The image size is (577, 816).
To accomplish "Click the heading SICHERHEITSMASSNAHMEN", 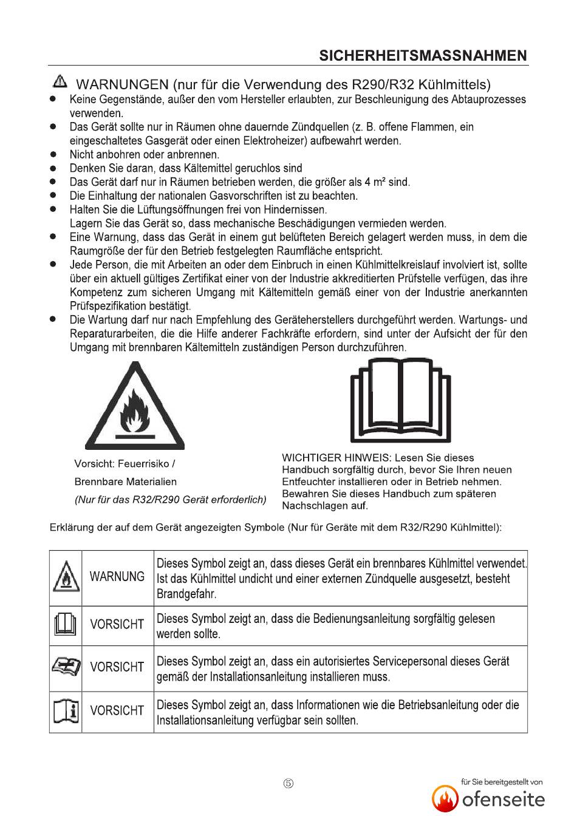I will coord(423,56).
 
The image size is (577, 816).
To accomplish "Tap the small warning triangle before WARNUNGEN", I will coord(60,81).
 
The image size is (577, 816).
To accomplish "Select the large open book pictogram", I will coord(401,401).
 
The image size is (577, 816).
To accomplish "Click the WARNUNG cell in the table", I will coord(117,577).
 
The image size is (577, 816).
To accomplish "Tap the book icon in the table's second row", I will coord(66,625).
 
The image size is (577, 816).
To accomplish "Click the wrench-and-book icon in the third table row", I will coord(66,668).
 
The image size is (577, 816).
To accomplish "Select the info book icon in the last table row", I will coord(66,711).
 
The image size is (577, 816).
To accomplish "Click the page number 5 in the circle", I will coord(288,784).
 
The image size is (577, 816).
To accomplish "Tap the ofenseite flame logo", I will coord(445,798).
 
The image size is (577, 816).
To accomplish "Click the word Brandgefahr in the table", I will coord(186,594).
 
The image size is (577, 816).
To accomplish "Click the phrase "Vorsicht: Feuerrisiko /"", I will coord(125,464).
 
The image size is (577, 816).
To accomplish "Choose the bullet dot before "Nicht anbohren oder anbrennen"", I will coord(53,154).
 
